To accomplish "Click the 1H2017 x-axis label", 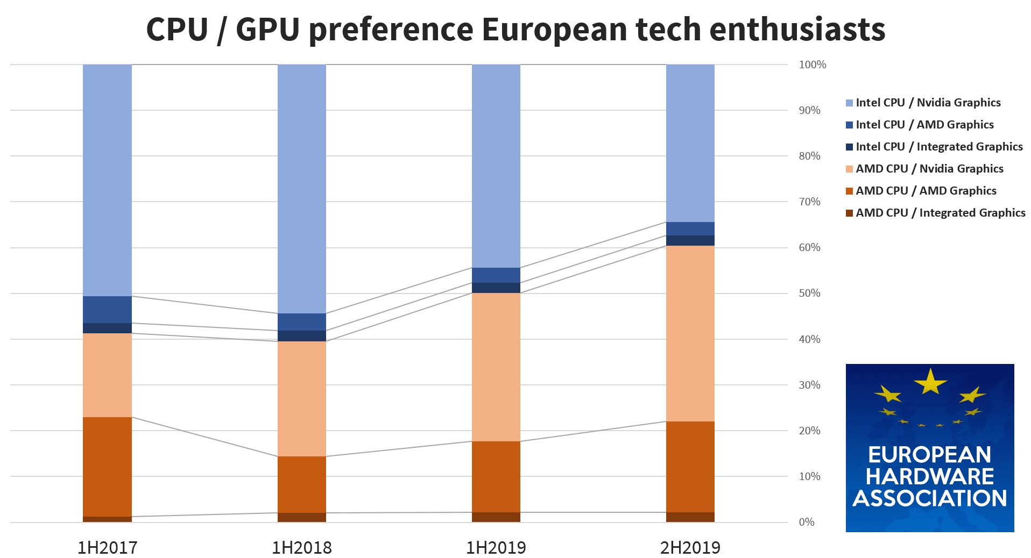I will (107, 547).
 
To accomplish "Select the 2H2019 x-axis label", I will (690, 547).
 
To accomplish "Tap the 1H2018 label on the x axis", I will (301, 547).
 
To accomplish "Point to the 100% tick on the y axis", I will (812, 65).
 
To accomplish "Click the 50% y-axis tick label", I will (809, 293).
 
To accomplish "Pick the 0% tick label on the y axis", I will (806, 522).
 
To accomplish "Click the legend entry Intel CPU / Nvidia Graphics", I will (928, 102).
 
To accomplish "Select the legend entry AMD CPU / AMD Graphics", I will (926, 190).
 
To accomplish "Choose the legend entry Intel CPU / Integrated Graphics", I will (939, 146).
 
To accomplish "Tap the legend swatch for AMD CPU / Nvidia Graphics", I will (849, 169).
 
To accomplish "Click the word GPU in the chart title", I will (267, 29).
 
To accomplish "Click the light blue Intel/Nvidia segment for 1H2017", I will (107, 180).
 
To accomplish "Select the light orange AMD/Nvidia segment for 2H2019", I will (690, 333).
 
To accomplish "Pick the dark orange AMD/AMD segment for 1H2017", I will (107, 467).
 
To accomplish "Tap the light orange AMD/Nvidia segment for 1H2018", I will (301, 398).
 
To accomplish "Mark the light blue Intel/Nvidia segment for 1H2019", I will (496, 166).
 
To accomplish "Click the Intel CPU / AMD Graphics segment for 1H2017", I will (107, 309).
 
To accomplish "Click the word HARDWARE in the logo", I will (929, 476).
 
